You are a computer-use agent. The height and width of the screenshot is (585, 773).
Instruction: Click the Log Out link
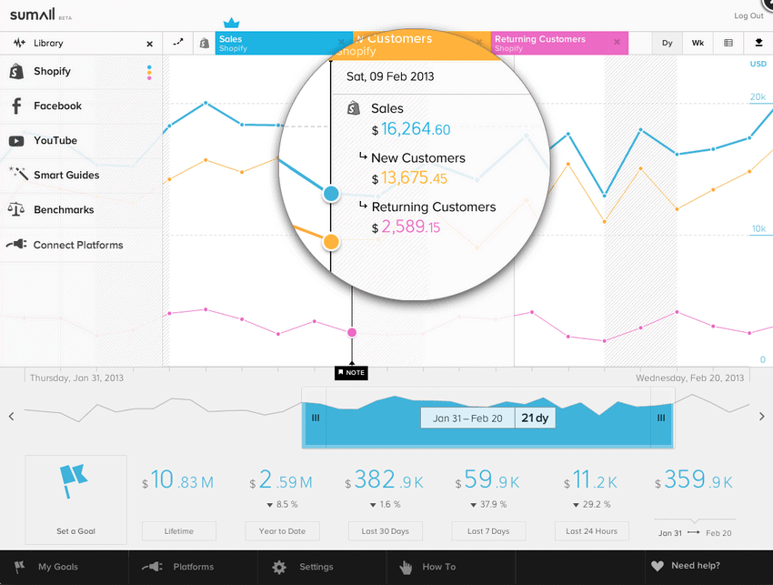click(748, 15)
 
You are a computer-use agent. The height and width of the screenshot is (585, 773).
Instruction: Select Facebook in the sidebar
click(57, 106)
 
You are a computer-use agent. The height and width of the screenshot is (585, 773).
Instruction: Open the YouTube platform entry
click(55, 141)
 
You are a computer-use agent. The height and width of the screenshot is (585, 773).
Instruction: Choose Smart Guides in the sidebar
click(65, 176)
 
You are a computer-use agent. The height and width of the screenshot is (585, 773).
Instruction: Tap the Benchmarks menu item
click(64, 210)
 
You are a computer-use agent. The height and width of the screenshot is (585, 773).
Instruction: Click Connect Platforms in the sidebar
click(77, 246)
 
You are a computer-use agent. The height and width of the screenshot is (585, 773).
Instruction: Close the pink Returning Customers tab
click(617, 42)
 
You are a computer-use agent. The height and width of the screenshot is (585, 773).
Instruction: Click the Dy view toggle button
click(667, 43)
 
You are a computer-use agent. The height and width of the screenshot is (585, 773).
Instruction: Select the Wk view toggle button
click(698, 43)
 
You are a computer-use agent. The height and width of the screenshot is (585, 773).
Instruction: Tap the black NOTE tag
click(351, 373)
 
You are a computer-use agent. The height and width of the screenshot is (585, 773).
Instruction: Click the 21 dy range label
click(535, 419)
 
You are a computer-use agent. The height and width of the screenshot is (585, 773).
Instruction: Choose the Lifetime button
click(179, 531)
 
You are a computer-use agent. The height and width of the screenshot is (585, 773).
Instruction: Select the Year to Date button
click(283, 531)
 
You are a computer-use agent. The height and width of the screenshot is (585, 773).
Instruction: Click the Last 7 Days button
click(488, 531)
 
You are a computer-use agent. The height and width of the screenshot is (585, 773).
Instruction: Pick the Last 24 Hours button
click(591, 531)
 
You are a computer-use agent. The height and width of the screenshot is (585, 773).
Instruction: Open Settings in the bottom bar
click(316, 567)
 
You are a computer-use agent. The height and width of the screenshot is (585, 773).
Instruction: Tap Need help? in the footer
click(695, 567)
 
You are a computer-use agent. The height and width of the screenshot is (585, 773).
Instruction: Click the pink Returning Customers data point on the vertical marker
click(352, 333)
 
